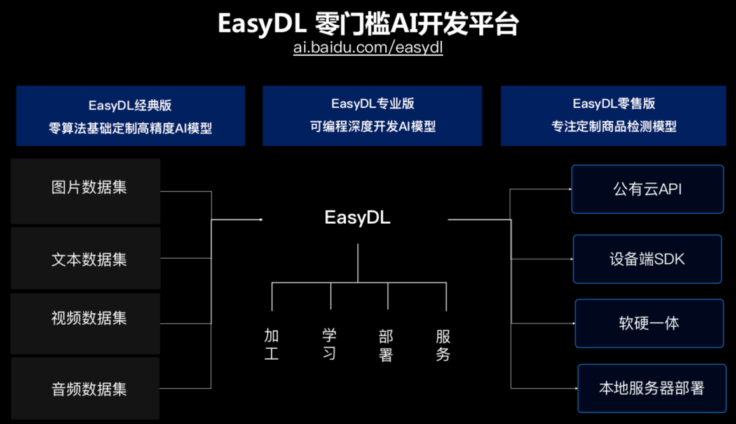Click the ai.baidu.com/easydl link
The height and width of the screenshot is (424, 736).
pyautogui.click(x=368, y=48)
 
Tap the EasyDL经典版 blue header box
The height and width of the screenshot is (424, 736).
pyautogui.click(x=130, y=116)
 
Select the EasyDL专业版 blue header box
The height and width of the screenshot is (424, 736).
pyautogui.click(x=372, y=116)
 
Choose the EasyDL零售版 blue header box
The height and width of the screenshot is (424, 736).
pyautogui.click(x=613, y=116)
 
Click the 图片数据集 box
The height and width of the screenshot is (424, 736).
pyautogui.click(x=85, y=191)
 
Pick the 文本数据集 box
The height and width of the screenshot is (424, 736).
pyautogui.click(x=85, y=258)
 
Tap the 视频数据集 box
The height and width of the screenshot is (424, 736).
pyautogui.click(x=85, y=324)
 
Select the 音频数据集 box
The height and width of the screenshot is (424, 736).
pyautogui.click(x=85, y=388)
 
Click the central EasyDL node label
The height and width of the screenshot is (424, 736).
pyautogui.click(x=357, y=217)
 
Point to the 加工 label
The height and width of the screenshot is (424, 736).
pyautogui.click(x=271, y=344)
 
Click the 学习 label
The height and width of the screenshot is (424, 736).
pyautogui.click(x=329, y=344)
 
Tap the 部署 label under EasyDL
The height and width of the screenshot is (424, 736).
pyautogui.click(x=386, y=346)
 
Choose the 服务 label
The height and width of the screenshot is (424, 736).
pyautogui.click(x=442, y=346)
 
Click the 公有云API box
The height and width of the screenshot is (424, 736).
pyautogui.click(x=648, y=189)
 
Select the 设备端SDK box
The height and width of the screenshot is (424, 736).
pyautogui.click(x=647, y=259)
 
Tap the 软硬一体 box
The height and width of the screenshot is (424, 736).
pyautogui.click(x=649, y=324)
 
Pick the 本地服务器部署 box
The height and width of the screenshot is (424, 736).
pyautogui.click(x=652, y=388)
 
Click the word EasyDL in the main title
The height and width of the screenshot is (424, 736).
pyautogui.click(x=262, y=24)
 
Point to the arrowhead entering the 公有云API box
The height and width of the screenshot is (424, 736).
pyautogui.click(x=570, y=189)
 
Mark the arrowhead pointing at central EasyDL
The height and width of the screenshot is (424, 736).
pyautogui.click(x=261, y=219)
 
